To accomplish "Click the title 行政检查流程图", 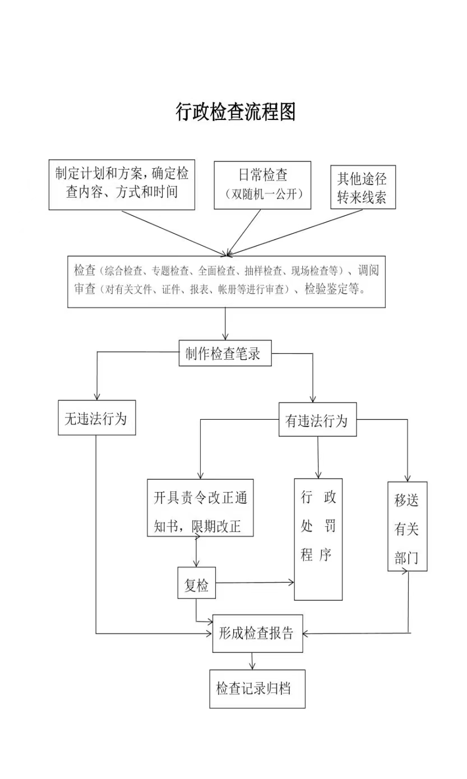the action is click(x=235, y=112).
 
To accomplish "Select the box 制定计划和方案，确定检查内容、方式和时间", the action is click(x=122, y=185).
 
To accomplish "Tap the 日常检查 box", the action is click(x=262, y=185).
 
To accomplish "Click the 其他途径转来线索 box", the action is click(x=363, y=187).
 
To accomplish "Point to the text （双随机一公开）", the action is click(x=263, y=194).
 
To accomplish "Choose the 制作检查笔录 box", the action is click(x=225, y=353).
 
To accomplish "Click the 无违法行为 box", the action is click(x=97, y=418).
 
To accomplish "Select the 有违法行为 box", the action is click(x=318, y=419).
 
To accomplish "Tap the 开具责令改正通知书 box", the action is click(x=200, y=508).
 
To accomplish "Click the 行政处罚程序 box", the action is click(x=318, y=539).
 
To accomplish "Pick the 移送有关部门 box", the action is click(x=408, y=526).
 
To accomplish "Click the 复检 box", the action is click(x=197, y=583).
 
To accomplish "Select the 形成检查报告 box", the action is click(x=257, y=633).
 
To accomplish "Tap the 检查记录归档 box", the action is click(x=257, y=689).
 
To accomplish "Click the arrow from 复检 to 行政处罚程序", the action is click(x=255, y=582).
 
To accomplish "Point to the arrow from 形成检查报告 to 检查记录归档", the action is click(x=252, y=661).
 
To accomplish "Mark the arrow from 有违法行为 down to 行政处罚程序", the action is click(x=318, y=457).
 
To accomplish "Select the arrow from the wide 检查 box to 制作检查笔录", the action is click(x=225, y=324).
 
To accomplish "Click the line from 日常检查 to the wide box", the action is click(x=244, y=233).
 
